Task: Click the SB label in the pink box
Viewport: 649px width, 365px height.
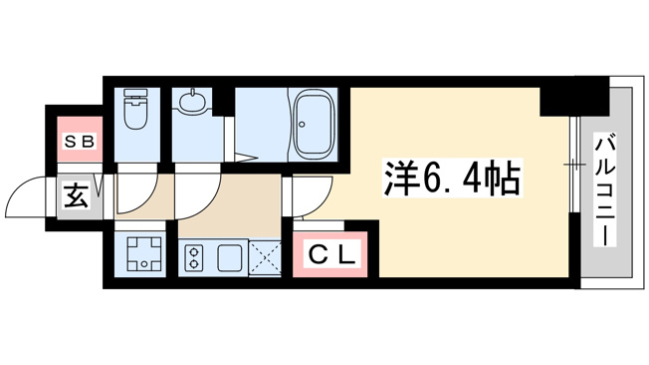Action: click(x=80, y=143)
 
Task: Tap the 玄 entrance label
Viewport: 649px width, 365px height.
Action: click(x=77, y=195)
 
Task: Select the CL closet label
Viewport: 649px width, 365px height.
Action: click(x=331, y=255)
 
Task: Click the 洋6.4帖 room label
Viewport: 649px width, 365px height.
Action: click(x=452, y=178)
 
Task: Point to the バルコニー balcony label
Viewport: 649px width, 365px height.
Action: click(x=605, y=189)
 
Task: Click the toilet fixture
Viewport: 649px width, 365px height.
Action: click(x=136, y=109)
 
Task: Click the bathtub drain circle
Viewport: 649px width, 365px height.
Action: click(x=303, y=124)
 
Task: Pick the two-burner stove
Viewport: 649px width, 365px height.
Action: click(x=192, y=257)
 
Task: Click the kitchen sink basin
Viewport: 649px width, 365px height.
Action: click(x=230, y=257)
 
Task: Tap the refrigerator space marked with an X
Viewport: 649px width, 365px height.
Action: click(x=265, y=258)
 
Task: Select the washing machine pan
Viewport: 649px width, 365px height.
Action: click(x=143, y=253)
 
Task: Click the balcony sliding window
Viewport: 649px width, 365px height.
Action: click(x=573, y=165)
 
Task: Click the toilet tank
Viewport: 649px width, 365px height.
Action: click(x=136, y=93)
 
